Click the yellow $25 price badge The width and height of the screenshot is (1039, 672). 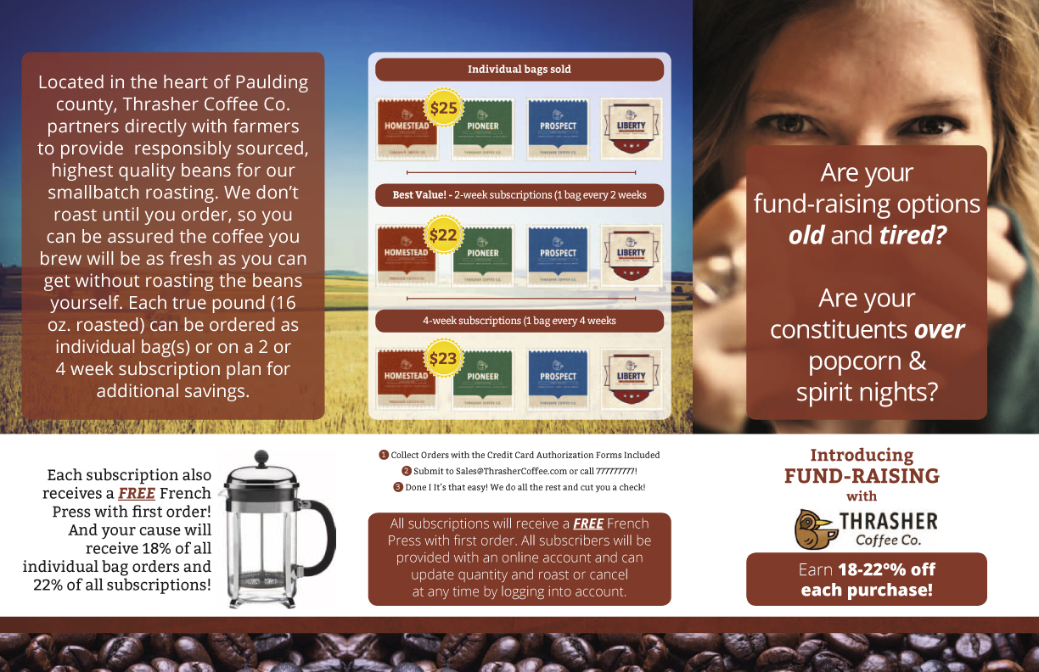(443, 108)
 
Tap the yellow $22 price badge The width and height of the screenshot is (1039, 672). (443, 235)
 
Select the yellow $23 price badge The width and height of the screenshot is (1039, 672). (443, 359)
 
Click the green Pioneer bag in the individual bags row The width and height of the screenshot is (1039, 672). (483, 128)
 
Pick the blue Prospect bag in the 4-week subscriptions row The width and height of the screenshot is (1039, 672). (558, 378)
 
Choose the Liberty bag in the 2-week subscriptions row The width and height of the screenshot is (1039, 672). (632, 253)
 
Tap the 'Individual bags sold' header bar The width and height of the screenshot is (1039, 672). (519, 70)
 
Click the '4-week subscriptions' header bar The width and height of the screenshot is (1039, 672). (519, 321)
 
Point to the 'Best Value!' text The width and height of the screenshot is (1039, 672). (420, 195)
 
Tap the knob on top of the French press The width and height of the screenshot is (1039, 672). (261, 456)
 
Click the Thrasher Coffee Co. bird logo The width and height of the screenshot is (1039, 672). (814, 528)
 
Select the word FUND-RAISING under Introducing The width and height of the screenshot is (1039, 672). (862, 476)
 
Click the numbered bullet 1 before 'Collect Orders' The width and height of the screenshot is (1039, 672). (384, 455)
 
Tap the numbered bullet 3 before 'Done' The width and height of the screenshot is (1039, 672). (398, 487)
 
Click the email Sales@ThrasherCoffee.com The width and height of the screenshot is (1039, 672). (491, 471)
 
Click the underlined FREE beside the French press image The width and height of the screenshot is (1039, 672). (136, 494)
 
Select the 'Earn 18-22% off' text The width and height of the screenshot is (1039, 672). (867, 569)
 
